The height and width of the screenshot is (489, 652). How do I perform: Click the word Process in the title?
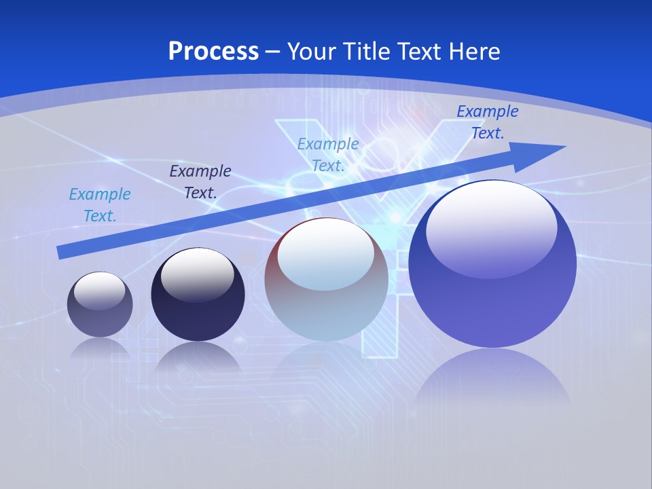pos(213,51)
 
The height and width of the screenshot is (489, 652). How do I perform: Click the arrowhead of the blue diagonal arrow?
pos(543,153)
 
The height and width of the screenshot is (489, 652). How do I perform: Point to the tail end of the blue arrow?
pos(61,252)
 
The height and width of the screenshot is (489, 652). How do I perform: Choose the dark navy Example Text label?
pos(200,182)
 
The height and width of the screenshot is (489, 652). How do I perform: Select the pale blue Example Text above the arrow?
pos(328,155)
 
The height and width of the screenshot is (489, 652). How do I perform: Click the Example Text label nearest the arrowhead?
pos(487,122)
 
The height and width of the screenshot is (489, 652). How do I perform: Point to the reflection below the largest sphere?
pos(492,380)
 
